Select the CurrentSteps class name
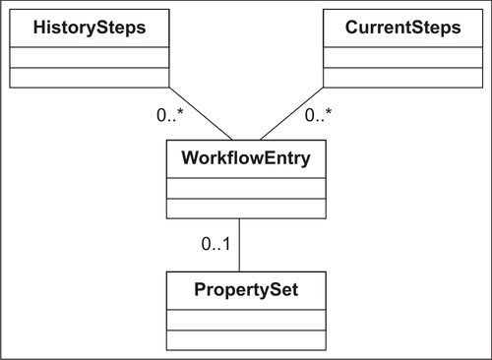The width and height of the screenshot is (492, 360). pyautogui.click(x=402, y=29)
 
